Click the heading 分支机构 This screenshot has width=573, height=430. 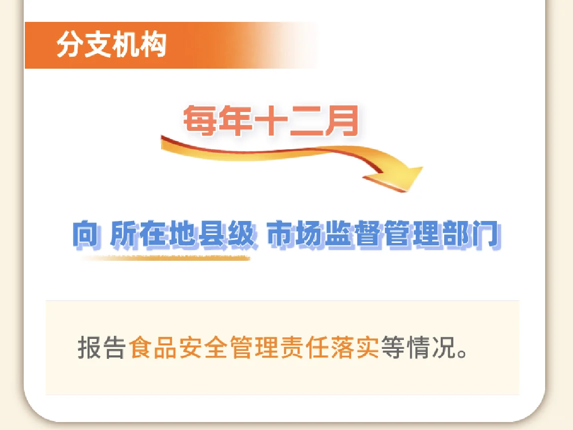(x=111, y=45)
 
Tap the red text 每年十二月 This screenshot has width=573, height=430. (x=271, y=121)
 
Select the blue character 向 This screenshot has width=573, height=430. (x=86, y=235)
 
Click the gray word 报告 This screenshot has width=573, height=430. (x=101, y=347)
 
